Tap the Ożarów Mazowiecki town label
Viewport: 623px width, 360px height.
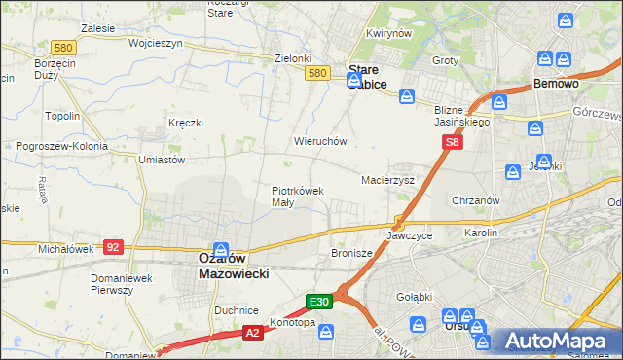[x=220, y=267]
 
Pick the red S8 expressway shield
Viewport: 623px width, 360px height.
[x=452, y=142]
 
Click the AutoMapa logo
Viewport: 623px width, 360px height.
[x=556, y=341]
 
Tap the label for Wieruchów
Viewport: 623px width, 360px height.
[x=320, y=141]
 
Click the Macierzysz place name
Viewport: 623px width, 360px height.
[x=388, y=180]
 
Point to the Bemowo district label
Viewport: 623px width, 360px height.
[x=557, y=85]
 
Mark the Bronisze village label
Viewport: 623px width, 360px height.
[x=352, y=253]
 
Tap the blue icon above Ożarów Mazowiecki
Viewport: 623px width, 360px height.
[x=222, y=249]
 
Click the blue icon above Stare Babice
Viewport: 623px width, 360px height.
[x=355, y=54]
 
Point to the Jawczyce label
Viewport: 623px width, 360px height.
[x=409, y=236]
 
